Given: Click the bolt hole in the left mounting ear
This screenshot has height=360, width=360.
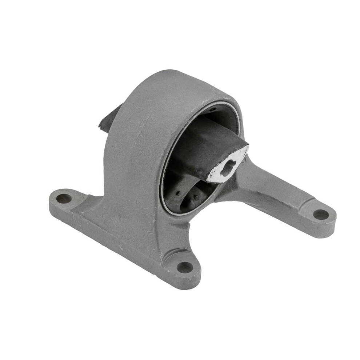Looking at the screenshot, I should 64,199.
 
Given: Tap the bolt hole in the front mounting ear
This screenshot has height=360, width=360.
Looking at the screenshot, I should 185,267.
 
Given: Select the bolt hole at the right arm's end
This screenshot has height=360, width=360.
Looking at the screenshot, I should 321,215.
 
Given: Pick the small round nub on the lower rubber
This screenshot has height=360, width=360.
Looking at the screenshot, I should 197,198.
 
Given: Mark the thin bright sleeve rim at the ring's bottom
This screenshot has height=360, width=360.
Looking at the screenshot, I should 178,214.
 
